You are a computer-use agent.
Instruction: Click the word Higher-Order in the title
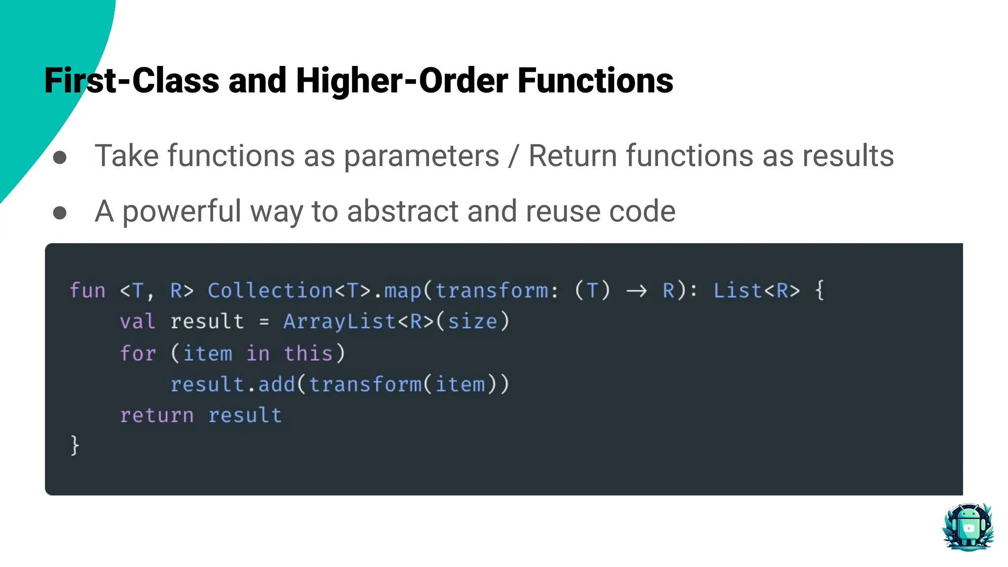pos(402,81)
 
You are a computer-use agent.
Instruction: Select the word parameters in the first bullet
pos(421,156)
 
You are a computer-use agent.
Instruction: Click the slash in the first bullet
pos(514,157)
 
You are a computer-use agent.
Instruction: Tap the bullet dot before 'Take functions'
pos(60,157)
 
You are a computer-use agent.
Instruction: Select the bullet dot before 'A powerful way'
pos(60,213)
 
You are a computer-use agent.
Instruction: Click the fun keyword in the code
pos(88,290)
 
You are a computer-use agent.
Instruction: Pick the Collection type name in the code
pos(270,290)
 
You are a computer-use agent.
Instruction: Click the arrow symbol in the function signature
pos(636,291)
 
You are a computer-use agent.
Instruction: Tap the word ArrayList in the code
pos(340,322)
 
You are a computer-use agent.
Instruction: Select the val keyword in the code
pos(138,322)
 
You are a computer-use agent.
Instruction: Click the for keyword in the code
pos(138,353)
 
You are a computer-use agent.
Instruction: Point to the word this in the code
pos(308,353)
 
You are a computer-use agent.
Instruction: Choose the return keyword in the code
pos(157,415)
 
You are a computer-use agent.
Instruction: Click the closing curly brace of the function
pos(75,445)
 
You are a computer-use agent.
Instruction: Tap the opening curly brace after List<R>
pos(819,290)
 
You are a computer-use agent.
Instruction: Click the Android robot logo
pos(968,527)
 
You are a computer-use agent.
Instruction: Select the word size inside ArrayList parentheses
pos(472,322)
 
